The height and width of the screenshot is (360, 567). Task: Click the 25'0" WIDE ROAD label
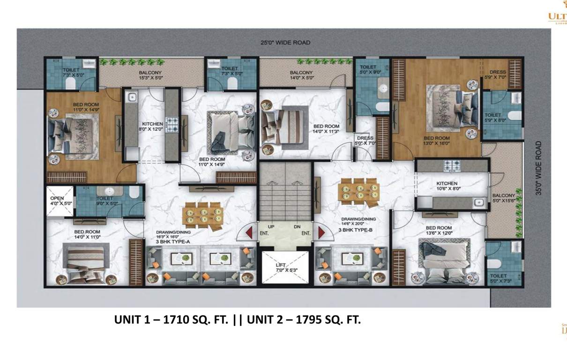coord(285,43)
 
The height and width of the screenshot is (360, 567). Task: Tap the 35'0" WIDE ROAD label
coord(538,168)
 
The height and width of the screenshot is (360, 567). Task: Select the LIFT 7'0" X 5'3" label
coord(280,268)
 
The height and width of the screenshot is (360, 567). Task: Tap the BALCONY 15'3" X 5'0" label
coord(150,75)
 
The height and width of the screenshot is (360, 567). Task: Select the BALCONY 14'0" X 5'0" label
coord(301,75)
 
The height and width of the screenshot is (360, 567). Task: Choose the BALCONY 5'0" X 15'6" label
coord(503,198)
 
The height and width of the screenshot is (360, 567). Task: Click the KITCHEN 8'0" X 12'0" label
coord(150,127)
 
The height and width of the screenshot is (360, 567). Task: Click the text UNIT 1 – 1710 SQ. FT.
coord(172,320)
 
